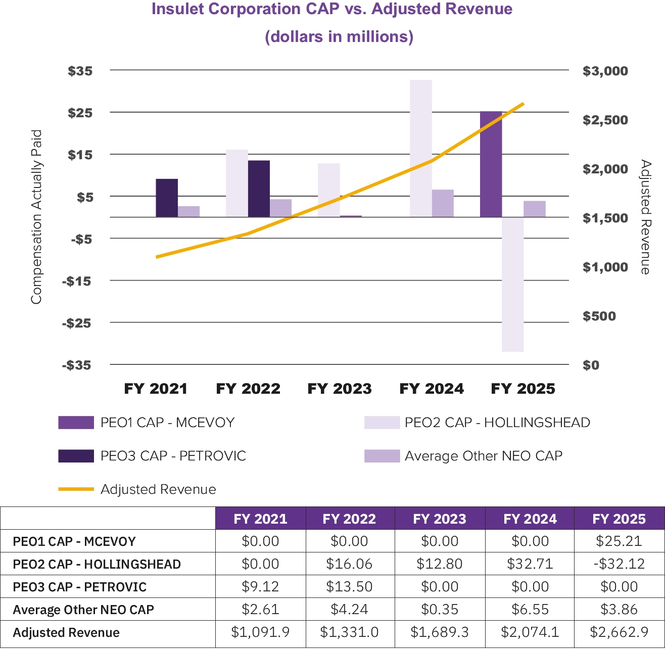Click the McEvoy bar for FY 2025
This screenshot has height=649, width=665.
click(491, 164)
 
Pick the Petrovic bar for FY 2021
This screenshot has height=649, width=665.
click(167, 198)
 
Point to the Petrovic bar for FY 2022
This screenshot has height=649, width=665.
click(259, 189)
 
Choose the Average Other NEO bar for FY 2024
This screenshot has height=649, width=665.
click(443, 203)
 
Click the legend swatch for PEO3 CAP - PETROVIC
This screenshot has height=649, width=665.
click(76, 456)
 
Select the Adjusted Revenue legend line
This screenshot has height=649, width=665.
click(76, 489)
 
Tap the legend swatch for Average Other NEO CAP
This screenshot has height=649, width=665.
click(382, 456)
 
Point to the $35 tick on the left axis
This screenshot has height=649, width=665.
click(80, 71)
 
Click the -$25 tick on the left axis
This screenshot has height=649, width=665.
click(77, 322)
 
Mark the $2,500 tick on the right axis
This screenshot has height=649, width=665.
click(605, 120)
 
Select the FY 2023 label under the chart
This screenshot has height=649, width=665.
click(340, 389)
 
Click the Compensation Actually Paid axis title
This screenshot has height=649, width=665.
click(36, 217)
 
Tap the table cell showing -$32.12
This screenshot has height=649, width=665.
click(619, 564)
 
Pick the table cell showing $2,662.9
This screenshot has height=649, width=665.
click(619, 632)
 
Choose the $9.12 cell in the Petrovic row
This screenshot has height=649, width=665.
click(260, 587)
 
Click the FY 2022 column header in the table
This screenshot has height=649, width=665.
click(349, 519)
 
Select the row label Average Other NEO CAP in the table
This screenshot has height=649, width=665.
click(83, 610)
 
